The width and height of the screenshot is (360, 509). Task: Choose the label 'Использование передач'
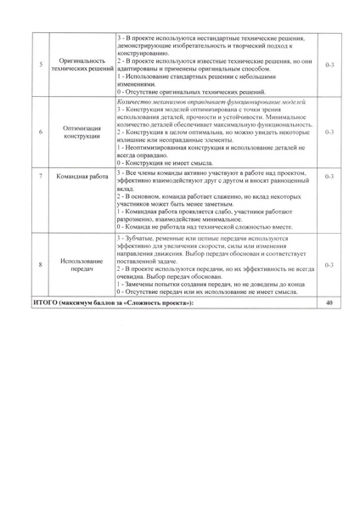(x=82, y=265)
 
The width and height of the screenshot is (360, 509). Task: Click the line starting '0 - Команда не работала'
(x=208, y=227)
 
